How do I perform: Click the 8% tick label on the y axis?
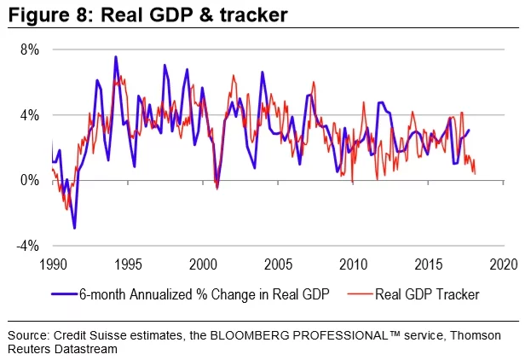(31, 49)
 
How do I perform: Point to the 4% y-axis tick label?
(31, 115)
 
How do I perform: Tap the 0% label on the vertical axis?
(31, 181)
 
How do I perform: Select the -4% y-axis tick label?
(29, 246)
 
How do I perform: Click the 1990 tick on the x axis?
(53, 263)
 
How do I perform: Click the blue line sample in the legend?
(62, 294)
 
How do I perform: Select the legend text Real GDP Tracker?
(428, 294)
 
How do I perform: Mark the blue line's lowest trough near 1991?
(74, 228)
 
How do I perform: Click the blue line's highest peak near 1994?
(116, 57)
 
